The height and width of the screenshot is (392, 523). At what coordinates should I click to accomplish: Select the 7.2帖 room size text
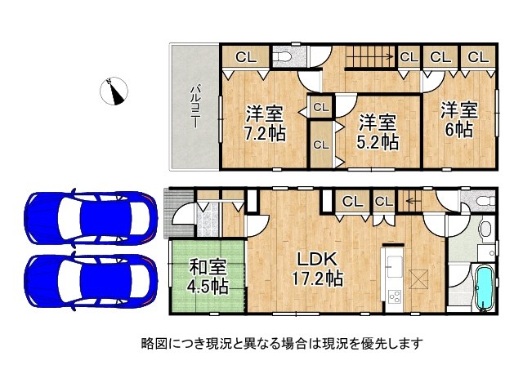(263, 133)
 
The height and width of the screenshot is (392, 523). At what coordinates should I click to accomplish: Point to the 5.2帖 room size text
(378, 141)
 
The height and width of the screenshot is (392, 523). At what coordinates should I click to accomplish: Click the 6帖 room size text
(458, 130)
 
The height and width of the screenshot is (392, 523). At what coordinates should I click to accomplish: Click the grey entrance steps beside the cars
(175, 214)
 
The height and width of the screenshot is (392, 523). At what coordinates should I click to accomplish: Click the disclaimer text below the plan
(281, 344)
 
